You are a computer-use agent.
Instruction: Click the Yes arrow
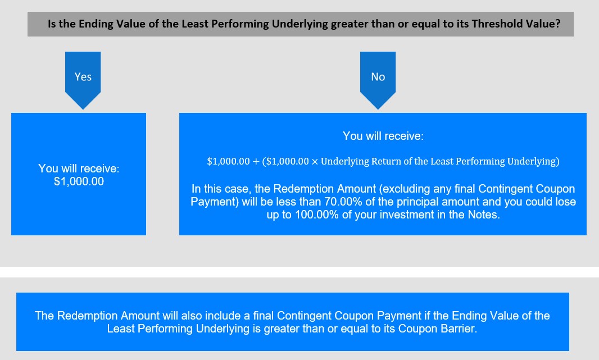[x=83, y=80]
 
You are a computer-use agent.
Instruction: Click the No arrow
[x=378, y=80]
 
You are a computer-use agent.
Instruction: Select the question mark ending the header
[x=558, y=24]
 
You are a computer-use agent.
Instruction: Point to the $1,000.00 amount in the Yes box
[x=79, y=181]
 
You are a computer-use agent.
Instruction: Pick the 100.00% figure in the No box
[x=317, y=215]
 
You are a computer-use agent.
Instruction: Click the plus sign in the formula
[x=256, y=162]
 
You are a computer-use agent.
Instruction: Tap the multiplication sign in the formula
[x=315, y=162]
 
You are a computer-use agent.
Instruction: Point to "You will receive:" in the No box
[x=383, y=136]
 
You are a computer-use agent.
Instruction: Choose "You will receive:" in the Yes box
[x=79, y=168]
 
